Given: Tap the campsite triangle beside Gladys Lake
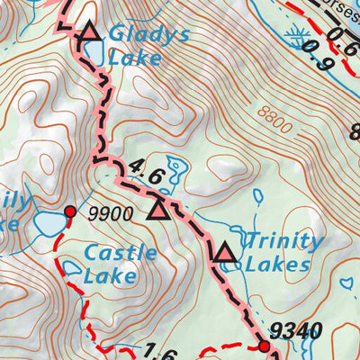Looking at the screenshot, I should [88, 34].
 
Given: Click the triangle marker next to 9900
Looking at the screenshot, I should [158, 211].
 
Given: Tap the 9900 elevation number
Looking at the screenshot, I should [111, 214].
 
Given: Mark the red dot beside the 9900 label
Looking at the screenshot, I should [70, 211].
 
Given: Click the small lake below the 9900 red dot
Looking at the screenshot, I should [71, 267].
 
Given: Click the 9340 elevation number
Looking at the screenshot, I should [296, 332].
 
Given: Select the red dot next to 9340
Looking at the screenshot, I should [264, 346].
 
